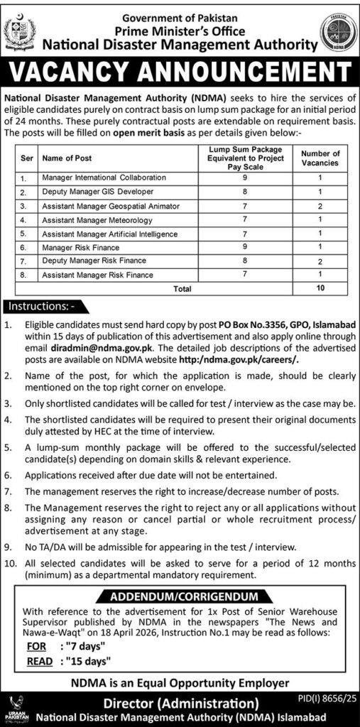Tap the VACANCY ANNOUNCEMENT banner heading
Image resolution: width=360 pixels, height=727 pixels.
pos(180,73)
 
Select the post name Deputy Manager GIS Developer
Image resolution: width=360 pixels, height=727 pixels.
pos(89,192)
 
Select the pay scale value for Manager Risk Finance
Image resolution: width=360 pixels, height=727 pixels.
pos(244,246)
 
